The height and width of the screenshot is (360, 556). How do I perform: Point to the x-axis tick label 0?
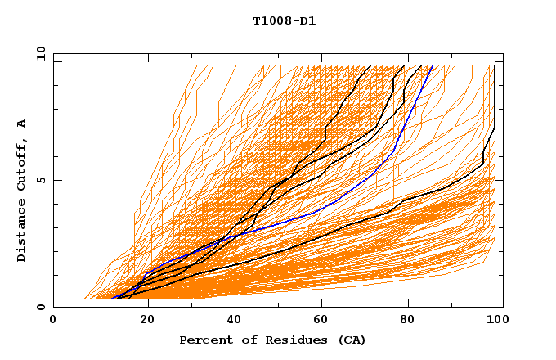53,320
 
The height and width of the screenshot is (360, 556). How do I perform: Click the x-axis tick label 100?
495,320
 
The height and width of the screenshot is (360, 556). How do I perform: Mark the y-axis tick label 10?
39,53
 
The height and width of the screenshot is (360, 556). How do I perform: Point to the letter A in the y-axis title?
22,124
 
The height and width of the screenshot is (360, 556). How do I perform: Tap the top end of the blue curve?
433,66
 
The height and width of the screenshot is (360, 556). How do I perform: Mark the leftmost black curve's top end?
370,66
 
